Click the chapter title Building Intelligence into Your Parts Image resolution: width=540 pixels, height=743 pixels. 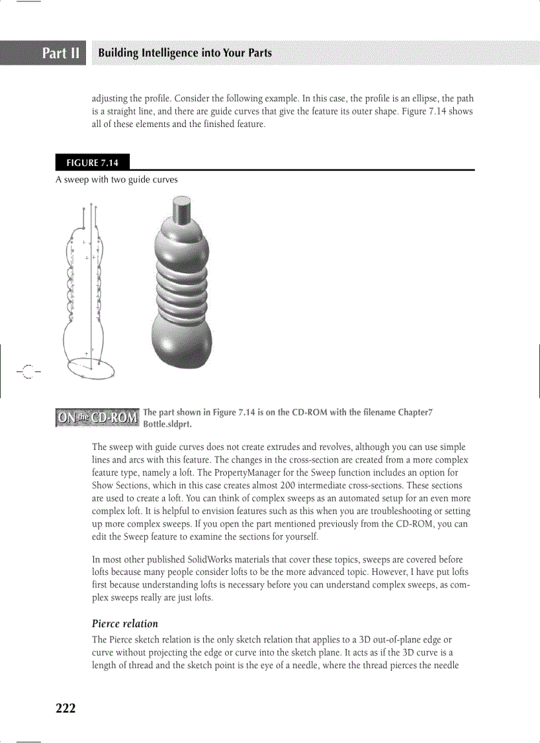pos(185,53)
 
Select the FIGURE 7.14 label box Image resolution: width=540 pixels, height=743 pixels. pos(92,163)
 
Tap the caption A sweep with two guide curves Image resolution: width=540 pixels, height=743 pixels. pos(116,179)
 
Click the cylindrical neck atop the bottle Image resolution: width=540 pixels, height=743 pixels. pos(181,210)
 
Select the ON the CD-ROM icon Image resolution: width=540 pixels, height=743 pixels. pos(97,417)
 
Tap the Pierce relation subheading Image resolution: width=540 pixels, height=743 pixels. pos(125,623)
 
